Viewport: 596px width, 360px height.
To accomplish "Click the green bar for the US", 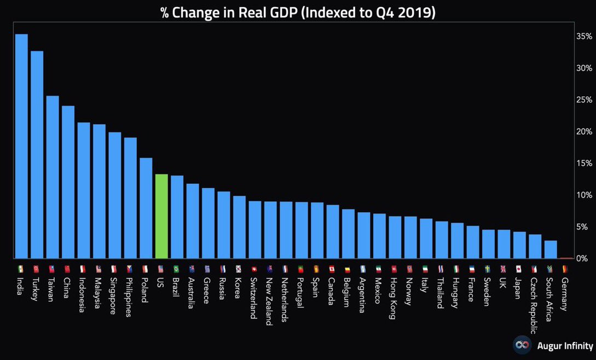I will tap(161, 216).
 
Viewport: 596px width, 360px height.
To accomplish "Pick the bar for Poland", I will tap(146, 208).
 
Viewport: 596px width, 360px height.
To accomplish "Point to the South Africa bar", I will tap(551, 249).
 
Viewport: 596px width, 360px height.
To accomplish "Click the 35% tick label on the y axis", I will tap(584, 36).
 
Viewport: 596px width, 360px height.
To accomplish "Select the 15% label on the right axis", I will tap(584, 163).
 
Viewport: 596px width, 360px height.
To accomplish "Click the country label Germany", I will tap(565, 294).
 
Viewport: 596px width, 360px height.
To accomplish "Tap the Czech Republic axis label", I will tap(535, 305).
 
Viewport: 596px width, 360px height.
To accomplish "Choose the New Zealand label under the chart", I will tap(269, 300).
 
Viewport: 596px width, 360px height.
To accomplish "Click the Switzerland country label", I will tap(254, 298).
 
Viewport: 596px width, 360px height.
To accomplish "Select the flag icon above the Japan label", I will tap(519, 269).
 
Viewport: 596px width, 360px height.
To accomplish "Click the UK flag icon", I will tap(504, 269).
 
